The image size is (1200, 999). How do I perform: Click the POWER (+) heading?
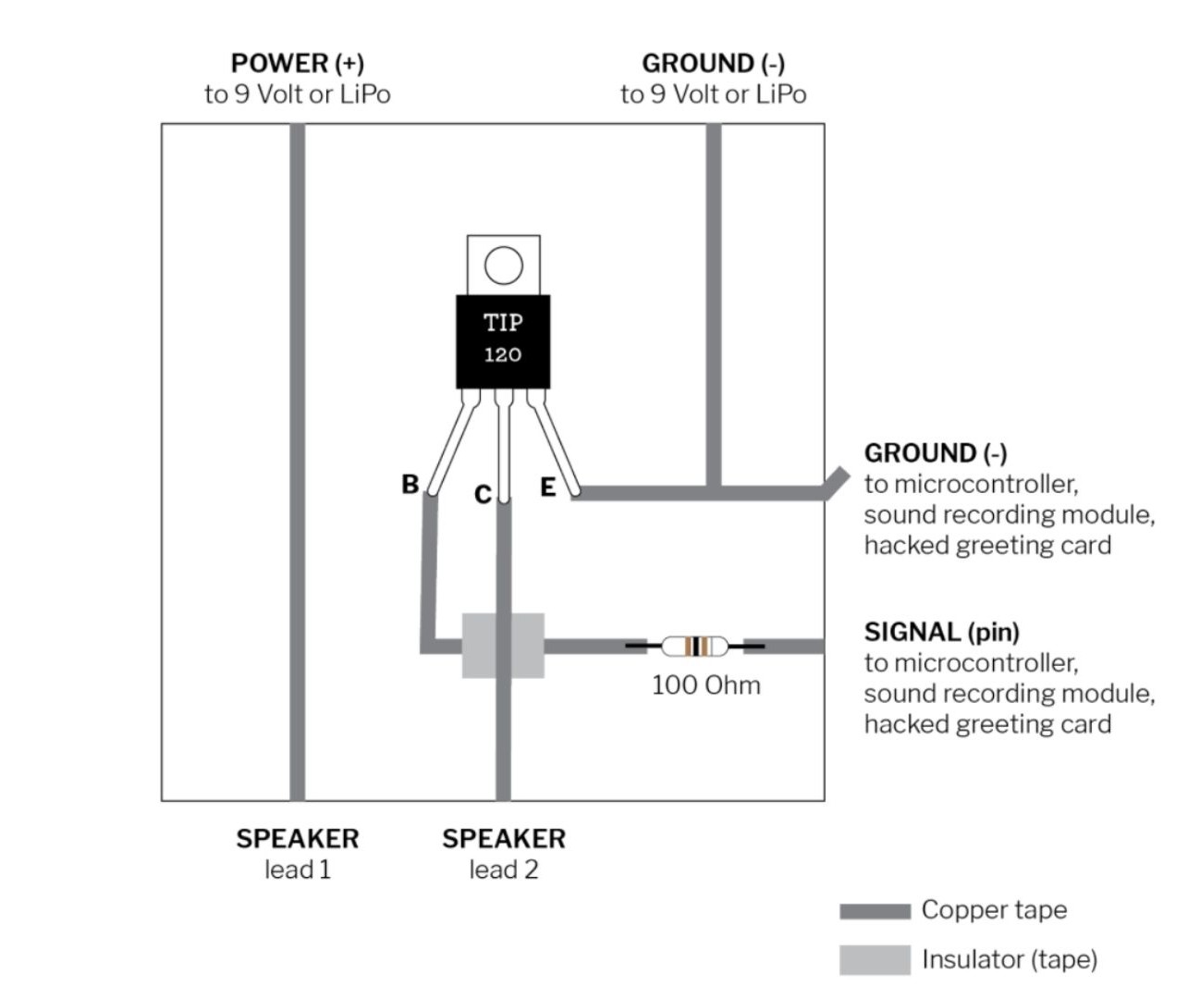pyautogui.click(x=297, y=63)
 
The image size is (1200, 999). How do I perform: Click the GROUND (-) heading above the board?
pyautogui.click(x=713, y=63)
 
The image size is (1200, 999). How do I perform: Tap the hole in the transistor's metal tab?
pyautogui.click(x=503, y=265)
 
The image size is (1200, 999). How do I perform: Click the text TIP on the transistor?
pyautogui.click(x=503, y=322)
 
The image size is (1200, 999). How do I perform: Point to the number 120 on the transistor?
pyautogui.click(x=503, y=354)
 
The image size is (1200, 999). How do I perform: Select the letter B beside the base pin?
pyautogui.click(x=410, y=484)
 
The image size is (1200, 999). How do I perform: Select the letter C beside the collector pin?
pyautogui.click(x=483, y=495)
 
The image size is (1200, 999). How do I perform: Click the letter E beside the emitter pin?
pyautogui.click(x=548, y=487)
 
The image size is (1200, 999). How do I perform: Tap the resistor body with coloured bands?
pyautogui.click(x=694, y=646)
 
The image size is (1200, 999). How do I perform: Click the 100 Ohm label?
pyautogui.click(x=705, y=685)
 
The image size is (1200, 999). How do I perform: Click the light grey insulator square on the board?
pyautogui.click(x=503, y=646)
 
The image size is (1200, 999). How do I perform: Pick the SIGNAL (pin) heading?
pyautogui.click(x=941, y=632)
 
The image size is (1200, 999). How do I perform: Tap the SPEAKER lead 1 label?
pyautogui.click(x=297, y=853)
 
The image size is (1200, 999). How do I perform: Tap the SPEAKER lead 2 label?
pyautogui.click(x=503, y=853)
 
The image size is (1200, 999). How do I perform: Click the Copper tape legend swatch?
pyautogui.click(x=875, y=911)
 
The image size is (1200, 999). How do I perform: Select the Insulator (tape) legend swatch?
pyautogui.click(x=875, y=960)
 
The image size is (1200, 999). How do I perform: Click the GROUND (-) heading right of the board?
pyautogui.click(x=936, y=453)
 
